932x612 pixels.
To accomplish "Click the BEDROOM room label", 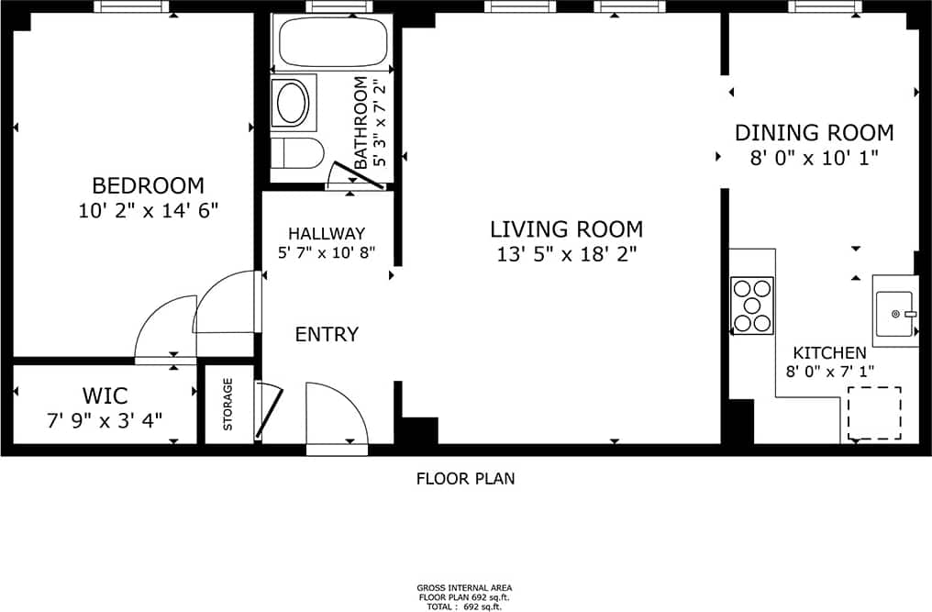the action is click(x=148, y=184).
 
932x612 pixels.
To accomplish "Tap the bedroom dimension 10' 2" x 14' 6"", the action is click(x=148, y=211).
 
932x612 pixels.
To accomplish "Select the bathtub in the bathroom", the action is click(x=331, y=42).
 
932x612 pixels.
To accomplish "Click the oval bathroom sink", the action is click(x=292, y=103).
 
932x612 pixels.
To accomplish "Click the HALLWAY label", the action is click(x=327, y=233).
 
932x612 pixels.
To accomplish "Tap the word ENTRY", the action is click(x=327, y=334).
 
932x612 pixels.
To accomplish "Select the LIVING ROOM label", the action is click(x=566, y=228).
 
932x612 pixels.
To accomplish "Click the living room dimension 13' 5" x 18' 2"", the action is click(x=566, y=254).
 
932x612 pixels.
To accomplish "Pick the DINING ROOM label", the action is click(x=814, y=132).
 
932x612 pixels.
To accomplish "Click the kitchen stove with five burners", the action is click(x=752, y=306).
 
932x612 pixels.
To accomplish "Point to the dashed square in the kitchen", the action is click(x=873, y=413).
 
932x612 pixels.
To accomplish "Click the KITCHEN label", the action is click(x=829, y=352).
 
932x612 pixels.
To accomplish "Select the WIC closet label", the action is click(x=105, y=396).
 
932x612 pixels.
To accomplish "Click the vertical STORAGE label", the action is click(x=228, y=405).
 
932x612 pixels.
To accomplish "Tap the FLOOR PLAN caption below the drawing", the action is click(x=465, y=478).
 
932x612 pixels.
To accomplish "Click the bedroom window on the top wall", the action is click(x=132, y=6).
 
